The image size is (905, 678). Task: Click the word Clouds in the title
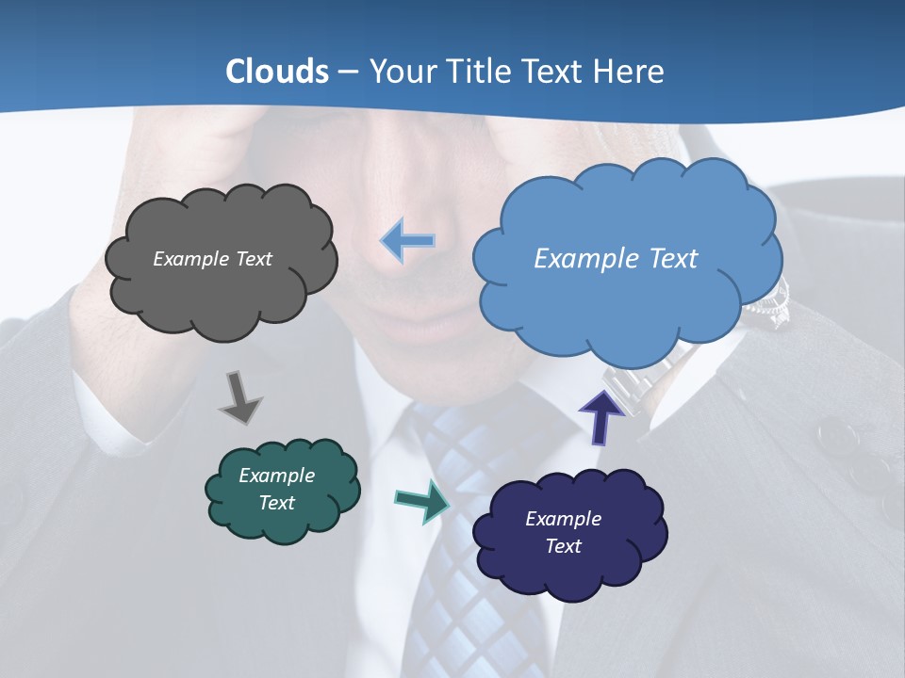pyautogui.click(x=277, y=72)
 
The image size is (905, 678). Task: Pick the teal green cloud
pyautogui.click(x=282, y=490)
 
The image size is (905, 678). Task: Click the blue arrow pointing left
pyautogui.click(x=408, y=240)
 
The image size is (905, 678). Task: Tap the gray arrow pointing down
pyautogui.click(x=239, y=397)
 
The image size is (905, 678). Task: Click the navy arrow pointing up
pyautogui.click(x=601, y=416)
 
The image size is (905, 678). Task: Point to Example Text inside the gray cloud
pyautogui.click(x=212, y=259)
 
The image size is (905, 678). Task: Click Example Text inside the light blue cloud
pyautogui.click(x=616, y=259)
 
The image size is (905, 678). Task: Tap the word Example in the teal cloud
pyautogui.click(x=276, y=476)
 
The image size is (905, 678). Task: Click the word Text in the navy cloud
pyautogui.click(x=563, y=546)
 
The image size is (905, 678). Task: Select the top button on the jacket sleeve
pyautogui.click(x=834, y=435)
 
